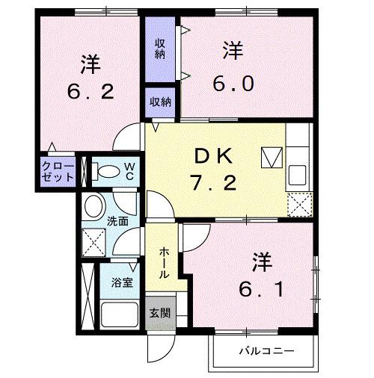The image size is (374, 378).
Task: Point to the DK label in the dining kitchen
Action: click(x=215, y=156)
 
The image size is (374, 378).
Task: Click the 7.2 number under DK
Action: click(x=215, y=183)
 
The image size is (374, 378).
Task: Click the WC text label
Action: click(x=129, y=170)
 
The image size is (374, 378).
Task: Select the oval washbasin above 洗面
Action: click(x=94, y=205)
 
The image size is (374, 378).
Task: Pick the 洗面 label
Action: click(x=117, y=222)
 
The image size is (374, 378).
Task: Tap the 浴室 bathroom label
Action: click(x=122, y=283)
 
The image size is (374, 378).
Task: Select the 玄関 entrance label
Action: click(x=159, y=313)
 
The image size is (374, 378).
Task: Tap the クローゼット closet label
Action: click(x=58, y=171)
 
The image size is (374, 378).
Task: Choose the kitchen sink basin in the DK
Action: click(x=298, y=173)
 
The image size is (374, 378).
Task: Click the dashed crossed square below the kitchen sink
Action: click(x=298, y=202)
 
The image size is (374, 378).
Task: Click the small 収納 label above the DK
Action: click(x=159, y=102)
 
